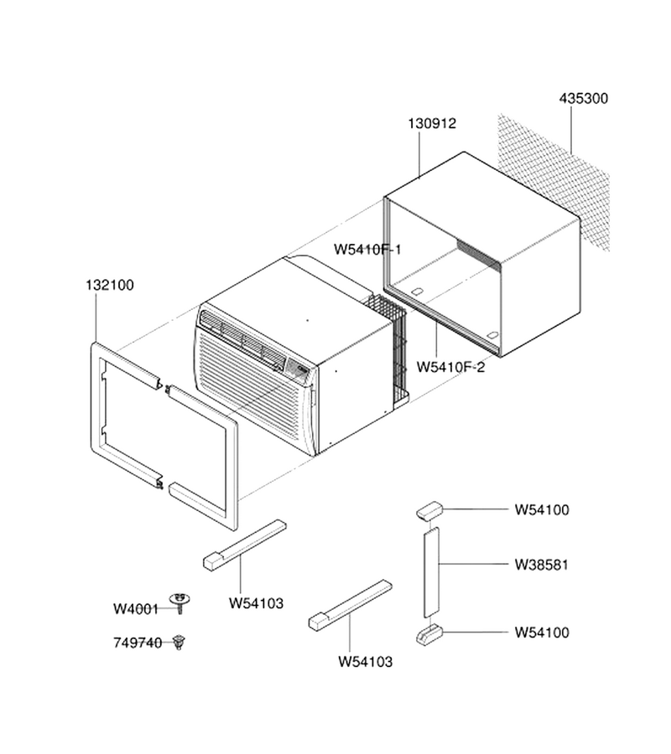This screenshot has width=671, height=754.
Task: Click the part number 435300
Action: (x=584, y=99)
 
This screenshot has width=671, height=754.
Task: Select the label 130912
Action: (x=432, y=124)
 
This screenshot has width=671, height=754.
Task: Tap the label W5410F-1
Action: (x=367, y=250)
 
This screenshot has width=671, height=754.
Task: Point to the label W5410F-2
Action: (x=450, y=368)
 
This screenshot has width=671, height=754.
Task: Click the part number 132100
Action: (x=110, y=285)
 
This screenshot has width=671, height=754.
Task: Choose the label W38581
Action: (x=542, y=565)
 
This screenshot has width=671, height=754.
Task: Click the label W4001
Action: (x=136, y=609)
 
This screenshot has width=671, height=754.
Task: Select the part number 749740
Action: (x=138, y=643)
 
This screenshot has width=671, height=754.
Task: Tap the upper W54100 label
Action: (x=542, y=509)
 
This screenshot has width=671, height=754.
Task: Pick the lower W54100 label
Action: (x=542, y=633)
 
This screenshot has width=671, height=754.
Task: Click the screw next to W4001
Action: (x=179, y=603)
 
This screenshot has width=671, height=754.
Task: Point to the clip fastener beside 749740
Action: (x=179, y=642)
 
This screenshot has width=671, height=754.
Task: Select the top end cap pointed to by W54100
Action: (x=429, y=511)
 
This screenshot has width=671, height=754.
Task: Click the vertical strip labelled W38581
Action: (x=431, y=572)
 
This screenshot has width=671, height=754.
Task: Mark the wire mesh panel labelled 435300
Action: (x=554, y=183)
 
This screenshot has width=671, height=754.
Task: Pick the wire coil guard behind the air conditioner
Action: (x=388, y=351)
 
